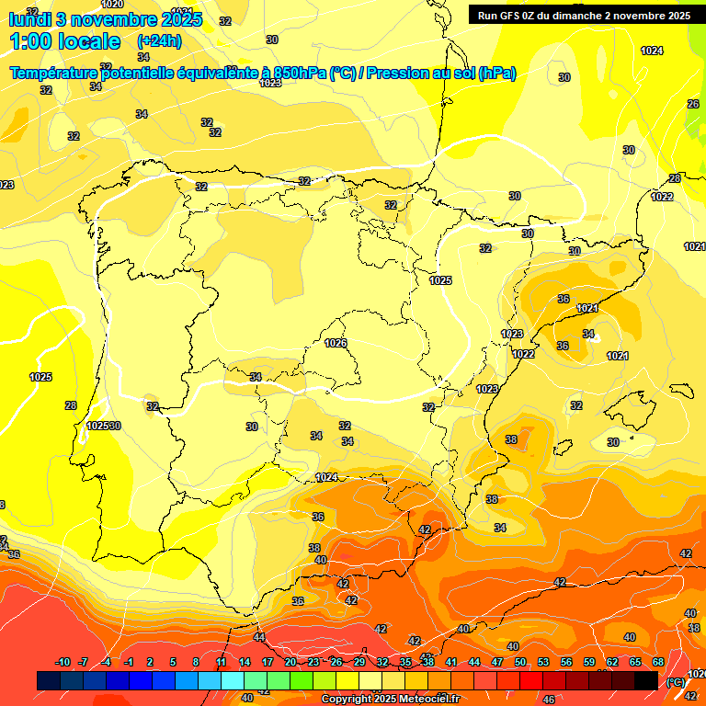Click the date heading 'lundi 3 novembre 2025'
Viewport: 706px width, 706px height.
[94, 18]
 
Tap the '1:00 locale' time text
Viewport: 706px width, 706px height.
[65, 41]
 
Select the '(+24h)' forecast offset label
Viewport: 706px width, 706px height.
[159, 41]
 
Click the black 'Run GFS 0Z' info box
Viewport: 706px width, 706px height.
[583, 15]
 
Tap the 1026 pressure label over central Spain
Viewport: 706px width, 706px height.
[336, 343]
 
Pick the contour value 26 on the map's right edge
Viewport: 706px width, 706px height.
[693, 104]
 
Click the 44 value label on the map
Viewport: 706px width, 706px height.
[259, 637]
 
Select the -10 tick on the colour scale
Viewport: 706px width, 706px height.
[63, 663]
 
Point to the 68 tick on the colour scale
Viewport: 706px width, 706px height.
[658, 663]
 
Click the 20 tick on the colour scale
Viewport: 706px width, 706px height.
[290, 663]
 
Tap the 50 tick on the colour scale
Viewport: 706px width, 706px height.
[520, 663]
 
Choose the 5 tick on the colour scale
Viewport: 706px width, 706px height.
[173, 663]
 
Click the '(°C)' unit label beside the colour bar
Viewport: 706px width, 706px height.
[676, 681]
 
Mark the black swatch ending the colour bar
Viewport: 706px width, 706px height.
[646, 680]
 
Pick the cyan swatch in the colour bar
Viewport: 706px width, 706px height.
[233, 680]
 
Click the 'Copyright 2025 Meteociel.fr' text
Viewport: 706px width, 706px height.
[390, 700]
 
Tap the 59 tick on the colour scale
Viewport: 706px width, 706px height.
[589, 663]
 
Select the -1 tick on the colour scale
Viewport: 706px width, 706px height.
[129, 663]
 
